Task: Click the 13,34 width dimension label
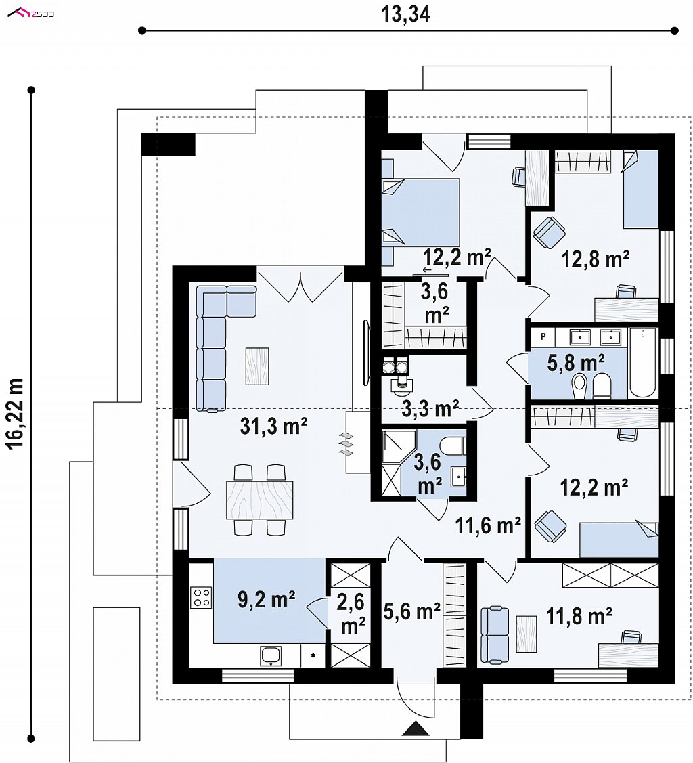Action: (x=405, y=15)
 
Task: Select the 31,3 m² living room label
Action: (x=274, y=427)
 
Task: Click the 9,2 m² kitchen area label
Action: (x=267, y=600)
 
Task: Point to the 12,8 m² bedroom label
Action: (x=596, y=259)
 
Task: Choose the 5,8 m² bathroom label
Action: (x=577, y=363)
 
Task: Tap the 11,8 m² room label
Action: (x=579, y=616)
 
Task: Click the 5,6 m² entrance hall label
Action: (x=411, y=611)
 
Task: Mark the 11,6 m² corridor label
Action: (x=488, y=525)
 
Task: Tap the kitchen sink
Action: (x=271, y=655)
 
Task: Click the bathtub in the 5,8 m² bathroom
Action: (x=643, y=363)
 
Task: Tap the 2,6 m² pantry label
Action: (x=352, y=614)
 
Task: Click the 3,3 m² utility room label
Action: (x=431, y=409)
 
